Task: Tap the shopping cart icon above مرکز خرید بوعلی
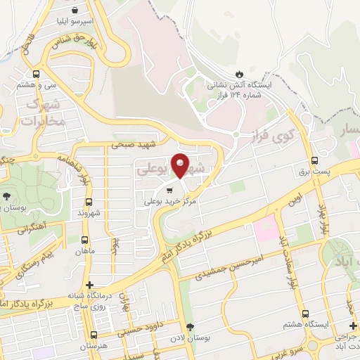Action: pos(169,190)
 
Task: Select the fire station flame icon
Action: pos(240,73)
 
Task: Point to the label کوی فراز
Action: pos(271,132)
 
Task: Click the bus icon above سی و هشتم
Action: pos(36,73)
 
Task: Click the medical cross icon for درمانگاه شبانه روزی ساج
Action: pos(89,285)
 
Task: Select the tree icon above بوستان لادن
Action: pos(190,326)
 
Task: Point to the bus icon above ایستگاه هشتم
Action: pos(304,314)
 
